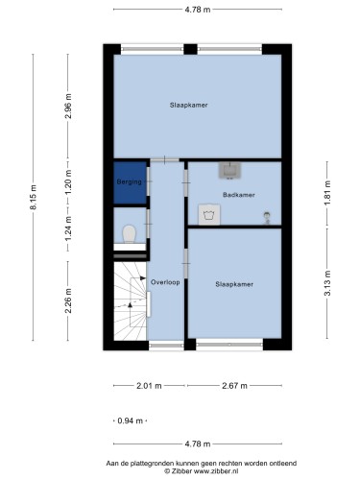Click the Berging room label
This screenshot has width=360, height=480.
129,182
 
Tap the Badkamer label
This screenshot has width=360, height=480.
239,195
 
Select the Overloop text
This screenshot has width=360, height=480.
165,282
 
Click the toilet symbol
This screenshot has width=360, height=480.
130,234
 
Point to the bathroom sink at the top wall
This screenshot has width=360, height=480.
229,170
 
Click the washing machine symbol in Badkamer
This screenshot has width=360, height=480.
209,214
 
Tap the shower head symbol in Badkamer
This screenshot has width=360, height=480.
267,218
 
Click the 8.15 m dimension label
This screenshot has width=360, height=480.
34,197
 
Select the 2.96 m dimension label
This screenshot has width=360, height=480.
68,107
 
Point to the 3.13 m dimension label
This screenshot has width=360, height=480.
327,283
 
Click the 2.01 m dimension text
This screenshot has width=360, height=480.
149,386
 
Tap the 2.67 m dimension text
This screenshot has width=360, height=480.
234,386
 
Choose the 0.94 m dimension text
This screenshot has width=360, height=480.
131,420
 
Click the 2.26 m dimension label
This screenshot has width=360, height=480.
68,300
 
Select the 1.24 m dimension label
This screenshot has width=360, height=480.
68,229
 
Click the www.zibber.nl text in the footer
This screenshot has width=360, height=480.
216,471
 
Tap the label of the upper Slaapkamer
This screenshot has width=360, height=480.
188,105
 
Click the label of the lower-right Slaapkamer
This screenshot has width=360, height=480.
234,284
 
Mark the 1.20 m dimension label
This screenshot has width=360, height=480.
68,182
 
